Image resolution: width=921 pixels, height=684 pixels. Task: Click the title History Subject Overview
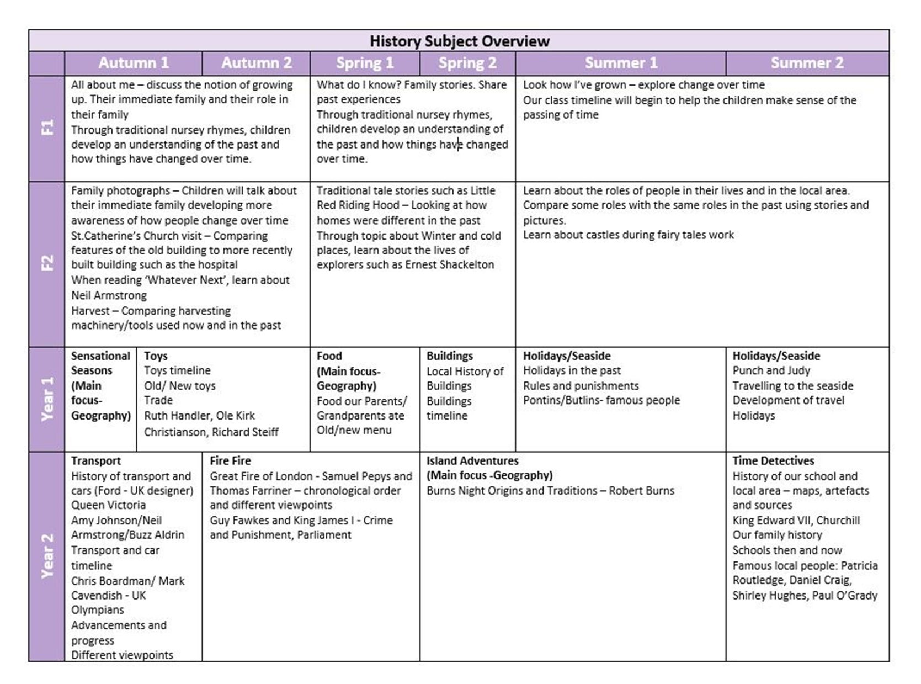click(459, 41)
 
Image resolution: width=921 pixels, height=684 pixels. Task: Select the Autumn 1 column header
click(134, 63)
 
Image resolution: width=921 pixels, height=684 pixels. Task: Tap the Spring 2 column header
click(467, 63)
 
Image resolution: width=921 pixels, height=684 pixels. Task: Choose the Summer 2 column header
click(807, 63)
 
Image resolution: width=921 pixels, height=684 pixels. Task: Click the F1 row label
click(47, 128)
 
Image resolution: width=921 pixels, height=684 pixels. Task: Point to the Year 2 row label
click(47, 556)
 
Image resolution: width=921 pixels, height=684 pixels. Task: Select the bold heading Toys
click(156, 356)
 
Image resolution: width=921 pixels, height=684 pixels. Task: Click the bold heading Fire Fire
click(230, 461)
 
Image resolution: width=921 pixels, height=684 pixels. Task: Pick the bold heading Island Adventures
click(472, 461)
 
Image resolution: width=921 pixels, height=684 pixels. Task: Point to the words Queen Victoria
click(108, 505)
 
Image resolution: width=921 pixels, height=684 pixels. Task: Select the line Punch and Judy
click(771, 370)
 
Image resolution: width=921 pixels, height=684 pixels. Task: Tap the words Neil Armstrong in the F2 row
click(109, 295)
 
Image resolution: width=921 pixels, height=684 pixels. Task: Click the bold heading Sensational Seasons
click(100, 363)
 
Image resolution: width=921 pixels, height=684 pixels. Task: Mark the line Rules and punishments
click(581, 386)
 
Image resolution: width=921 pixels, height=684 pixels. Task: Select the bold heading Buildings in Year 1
click(449, 356)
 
